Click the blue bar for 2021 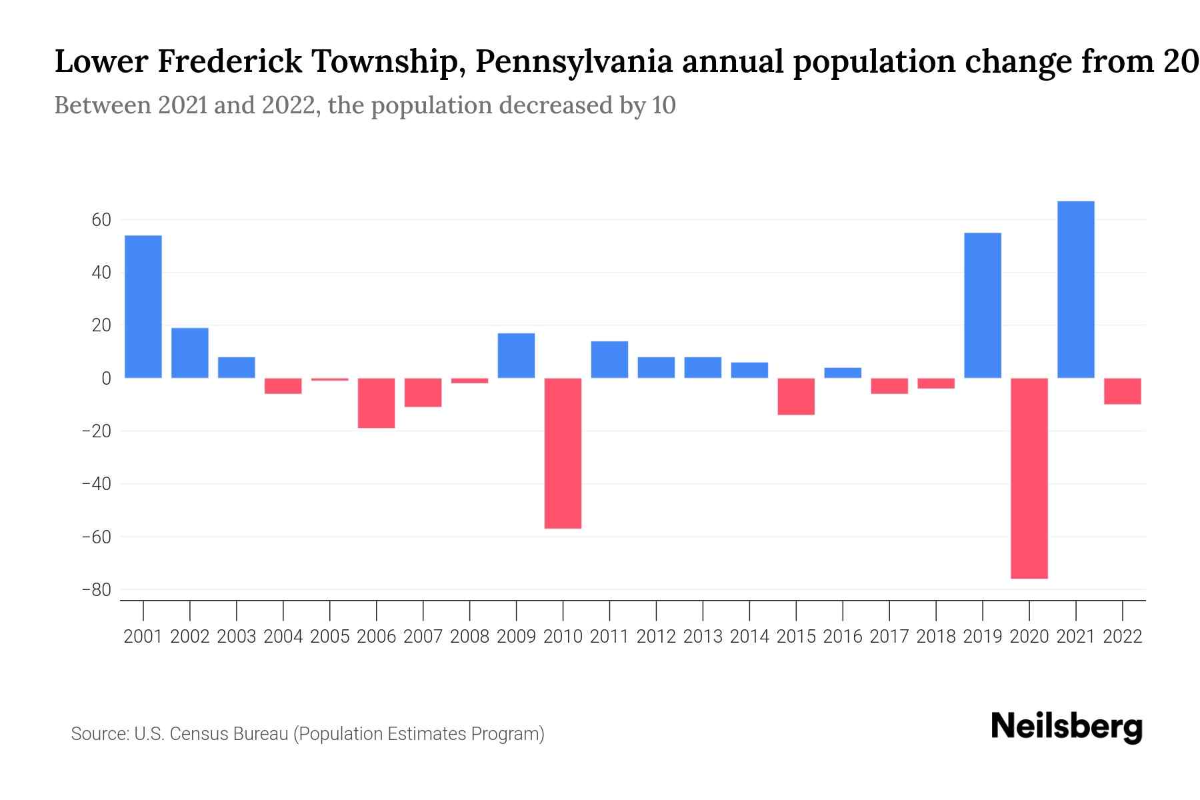1075,289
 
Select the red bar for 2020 1029,478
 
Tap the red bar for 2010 563,453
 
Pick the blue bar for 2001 143,307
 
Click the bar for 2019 982,305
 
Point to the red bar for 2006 377,403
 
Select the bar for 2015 796,396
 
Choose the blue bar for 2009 516,355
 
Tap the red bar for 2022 1122,391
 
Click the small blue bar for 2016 843,373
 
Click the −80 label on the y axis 96,590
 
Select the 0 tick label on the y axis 106,379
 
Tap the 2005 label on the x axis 330,637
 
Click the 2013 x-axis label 703,637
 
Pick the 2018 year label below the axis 935,637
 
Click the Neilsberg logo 1067,727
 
